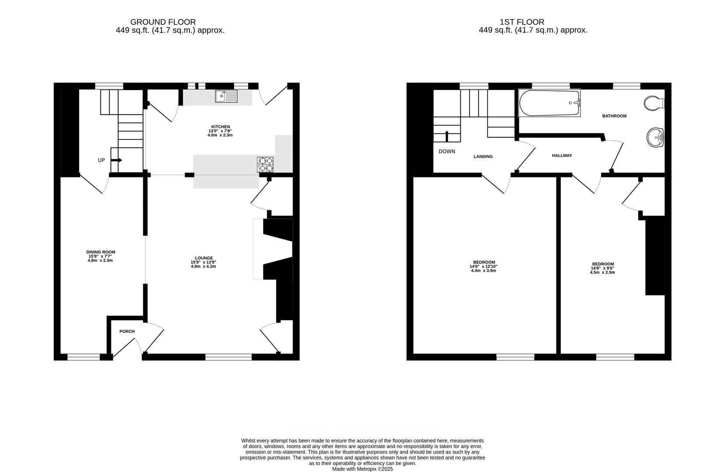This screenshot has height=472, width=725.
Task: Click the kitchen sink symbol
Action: coord(226,96)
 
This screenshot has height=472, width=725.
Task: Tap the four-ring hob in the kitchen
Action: coord(265,164)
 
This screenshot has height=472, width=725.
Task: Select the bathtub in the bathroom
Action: coord(549,103)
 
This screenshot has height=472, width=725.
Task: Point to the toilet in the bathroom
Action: coord(653,104)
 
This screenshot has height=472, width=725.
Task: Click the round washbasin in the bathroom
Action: coord(655,137)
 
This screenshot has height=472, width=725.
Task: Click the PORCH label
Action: coord(127,331)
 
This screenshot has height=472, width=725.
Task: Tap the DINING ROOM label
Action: coord(101,252)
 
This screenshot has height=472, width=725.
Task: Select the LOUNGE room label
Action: coord(204,258)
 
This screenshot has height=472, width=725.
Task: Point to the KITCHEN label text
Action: coord(221,127)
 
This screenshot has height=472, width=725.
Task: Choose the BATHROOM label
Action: coord(614,116)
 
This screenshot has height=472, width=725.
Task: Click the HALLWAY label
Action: coord(562,156)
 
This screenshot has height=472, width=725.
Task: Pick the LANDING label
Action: coord(483,156)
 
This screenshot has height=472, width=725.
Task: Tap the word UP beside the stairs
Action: coord(101,160)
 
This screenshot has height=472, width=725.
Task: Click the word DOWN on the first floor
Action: coord(447,152)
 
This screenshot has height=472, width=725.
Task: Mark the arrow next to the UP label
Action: coord(117,160)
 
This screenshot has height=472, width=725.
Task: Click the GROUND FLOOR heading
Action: coord(163,22)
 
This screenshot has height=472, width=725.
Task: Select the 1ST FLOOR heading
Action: coord(522,22)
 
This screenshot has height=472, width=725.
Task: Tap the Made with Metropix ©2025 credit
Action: coord(362,469)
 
